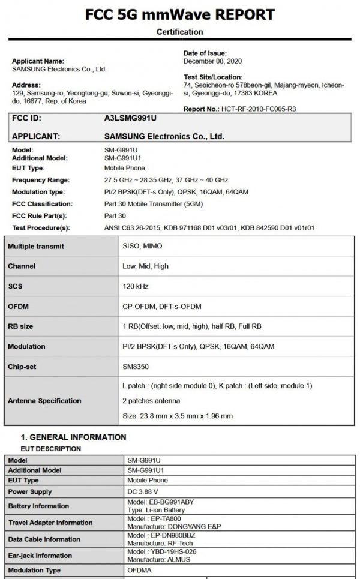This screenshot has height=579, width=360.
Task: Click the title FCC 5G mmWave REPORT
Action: click(x=180, y=14)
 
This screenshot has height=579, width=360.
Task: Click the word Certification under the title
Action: click(x=180, y=32)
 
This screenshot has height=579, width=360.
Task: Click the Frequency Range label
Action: click(x=41, y=180)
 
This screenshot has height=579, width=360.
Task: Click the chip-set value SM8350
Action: click(x=137, y=367)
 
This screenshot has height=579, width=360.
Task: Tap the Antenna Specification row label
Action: click(x=44, y=400)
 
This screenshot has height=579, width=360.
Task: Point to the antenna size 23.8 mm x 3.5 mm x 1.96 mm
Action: click(x=177, y=415)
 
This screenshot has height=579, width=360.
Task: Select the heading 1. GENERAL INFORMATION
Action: click(x=73, y=437)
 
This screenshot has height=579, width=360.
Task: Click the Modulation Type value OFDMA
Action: click(x=139, y=570)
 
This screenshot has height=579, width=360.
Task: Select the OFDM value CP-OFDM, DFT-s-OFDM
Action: click(x=161, y=307)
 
